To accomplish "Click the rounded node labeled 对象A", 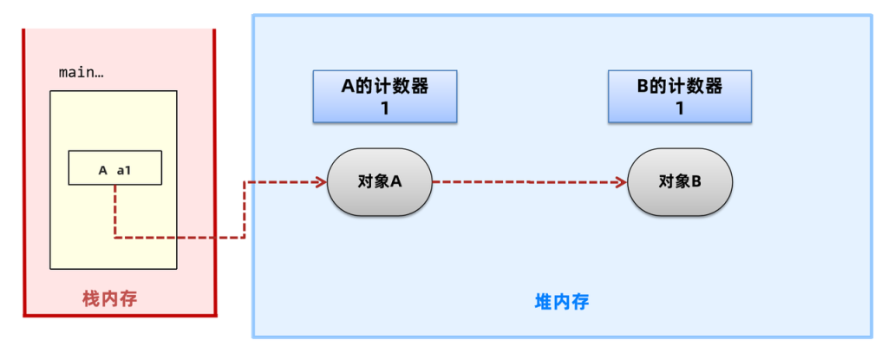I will (380, 182).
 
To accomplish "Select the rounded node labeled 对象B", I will (680, 182).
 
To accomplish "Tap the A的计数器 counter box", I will (385, 96).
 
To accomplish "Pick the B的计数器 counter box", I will (680, 96).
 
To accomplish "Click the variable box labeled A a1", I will (114, 169).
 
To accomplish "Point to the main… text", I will (81, 72).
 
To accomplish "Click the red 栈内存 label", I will (109, 299).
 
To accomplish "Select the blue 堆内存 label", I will (561, 303).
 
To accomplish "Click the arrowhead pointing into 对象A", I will (320, 182).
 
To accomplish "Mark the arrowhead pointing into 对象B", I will (620, 182).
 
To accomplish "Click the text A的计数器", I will (385, 87).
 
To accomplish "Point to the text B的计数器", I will (680, 87).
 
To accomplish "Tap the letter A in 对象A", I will (396, 182).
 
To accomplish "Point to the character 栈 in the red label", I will (90, 299).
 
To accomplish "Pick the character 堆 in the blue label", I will (543, 303).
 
